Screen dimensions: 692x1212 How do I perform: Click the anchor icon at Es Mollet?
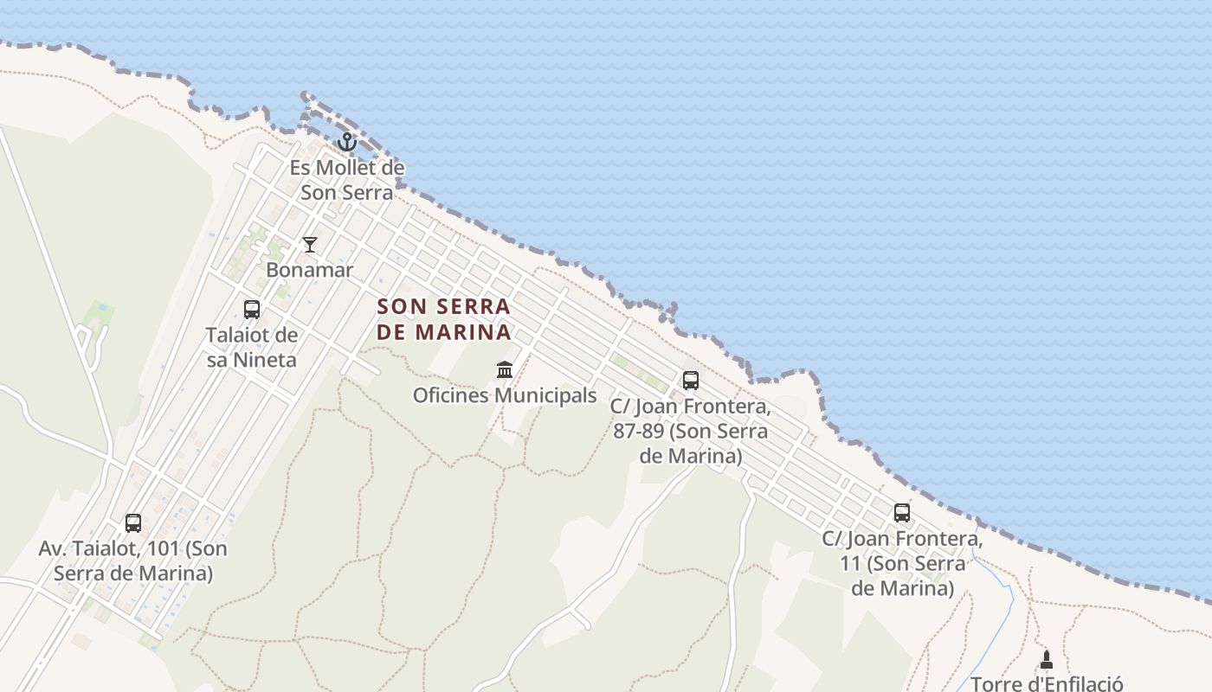point(347,142)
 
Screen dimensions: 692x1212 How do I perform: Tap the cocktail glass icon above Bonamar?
point(310,245)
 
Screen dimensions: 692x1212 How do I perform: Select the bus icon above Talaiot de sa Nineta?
point(252,310)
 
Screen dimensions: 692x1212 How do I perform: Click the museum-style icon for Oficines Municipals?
point(505,370)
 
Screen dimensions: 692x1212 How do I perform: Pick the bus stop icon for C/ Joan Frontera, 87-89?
point(690,381)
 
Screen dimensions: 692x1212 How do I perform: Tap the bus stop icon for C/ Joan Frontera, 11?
point(902,513)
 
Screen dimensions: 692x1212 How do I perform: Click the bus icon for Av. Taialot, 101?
point(132,523)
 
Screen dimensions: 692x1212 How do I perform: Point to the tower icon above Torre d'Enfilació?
point(1046,660)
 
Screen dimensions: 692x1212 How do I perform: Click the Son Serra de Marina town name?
point(444,319)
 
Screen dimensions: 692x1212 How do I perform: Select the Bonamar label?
point(310,270)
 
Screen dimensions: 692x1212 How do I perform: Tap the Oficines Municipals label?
point(505,396)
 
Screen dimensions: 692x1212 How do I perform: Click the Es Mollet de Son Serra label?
point(347,180)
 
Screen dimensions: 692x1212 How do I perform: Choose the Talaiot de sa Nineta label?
point(252,347)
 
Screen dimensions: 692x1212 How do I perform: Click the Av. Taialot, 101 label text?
point(132,561)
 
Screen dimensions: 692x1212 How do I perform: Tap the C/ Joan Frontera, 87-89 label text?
point(690,431)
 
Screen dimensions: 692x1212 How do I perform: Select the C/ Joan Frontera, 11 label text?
point(902,564)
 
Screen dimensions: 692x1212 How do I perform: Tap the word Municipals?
point(545,396)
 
